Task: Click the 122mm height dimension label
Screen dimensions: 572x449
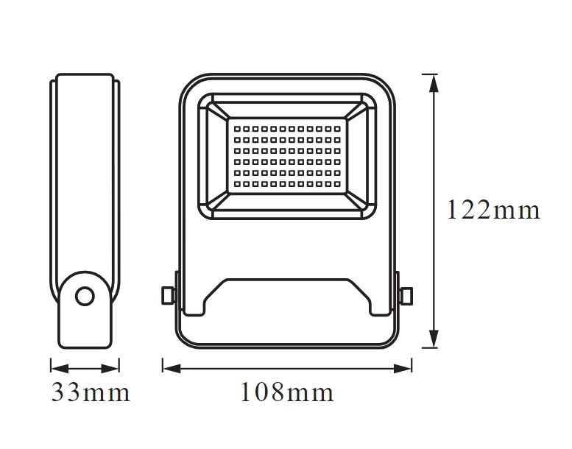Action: pos(493,210)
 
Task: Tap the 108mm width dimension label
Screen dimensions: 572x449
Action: pos(287,392)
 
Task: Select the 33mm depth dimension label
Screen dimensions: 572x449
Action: pos(91,392)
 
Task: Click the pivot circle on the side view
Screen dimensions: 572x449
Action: pos(85,296)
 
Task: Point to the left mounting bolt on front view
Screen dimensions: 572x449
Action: pos(168,295)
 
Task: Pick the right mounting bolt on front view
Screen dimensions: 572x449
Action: pos(406,295)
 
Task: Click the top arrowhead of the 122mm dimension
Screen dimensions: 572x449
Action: pos(434,83)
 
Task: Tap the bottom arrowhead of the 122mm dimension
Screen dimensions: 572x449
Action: pos(434,339)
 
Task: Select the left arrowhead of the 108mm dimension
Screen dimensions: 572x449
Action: pos(172,368)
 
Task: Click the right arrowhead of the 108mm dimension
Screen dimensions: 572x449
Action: pos(403,368)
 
